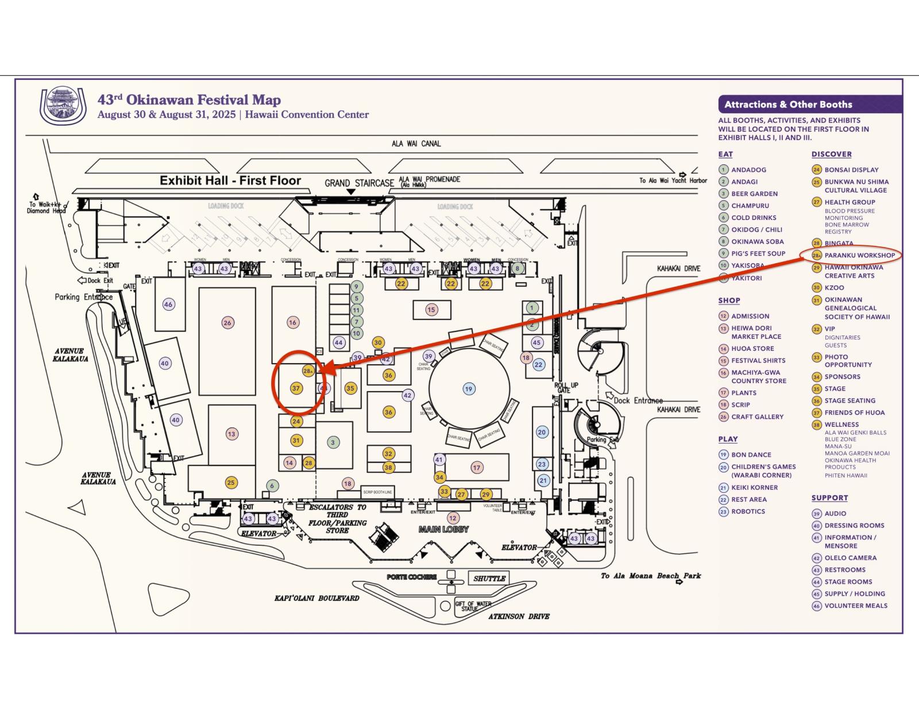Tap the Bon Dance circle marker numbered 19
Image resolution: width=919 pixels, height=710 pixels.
pyautogui.click(x=469, y=389)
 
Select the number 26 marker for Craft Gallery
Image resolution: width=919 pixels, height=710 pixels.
pyautogui.click(x=227, y=322)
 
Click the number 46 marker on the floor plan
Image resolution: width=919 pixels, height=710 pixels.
pyautogui.click(x=168, y=304)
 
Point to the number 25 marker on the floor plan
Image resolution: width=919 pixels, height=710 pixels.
pyautogui.click(x=231, y=483)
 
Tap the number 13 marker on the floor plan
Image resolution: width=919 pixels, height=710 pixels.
pyautogui.click(x=231, y=434)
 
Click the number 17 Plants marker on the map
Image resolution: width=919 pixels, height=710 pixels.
pyautogui.click(x=477, y=468)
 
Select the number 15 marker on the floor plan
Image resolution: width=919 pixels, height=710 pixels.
pyautogui.click(x=431, y=310)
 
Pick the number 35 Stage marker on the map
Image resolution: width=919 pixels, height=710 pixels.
pyautogui.click(x=350, y=388)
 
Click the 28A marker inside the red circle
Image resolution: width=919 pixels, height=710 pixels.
pyautogui.click(x=308, y=371)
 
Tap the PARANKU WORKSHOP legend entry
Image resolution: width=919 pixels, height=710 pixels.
pyautogui.click(x=859, y=255)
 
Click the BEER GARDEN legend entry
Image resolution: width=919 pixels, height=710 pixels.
pyautogui.click(x=754, y=194)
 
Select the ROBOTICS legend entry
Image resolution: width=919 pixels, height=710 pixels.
pyautogui.click(x=748, y=511)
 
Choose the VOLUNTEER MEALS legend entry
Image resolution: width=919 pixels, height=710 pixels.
pyautogui.click(x=856, y=605)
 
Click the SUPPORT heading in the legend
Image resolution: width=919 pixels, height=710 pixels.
pyautogui.click(x=829, y=498)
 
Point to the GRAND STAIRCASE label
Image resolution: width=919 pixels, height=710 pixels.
pyautogui.click(x=359, y=183)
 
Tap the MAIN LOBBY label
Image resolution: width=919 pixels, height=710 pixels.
pyautogui.click(x=443, y=529)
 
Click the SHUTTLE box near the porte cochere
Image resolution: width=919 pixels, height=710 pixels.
pyautogui.click(x=489, y=578)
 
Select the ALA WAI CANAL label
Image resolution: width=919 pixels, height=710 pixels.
pyautogui.click(x=416, y=144)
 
